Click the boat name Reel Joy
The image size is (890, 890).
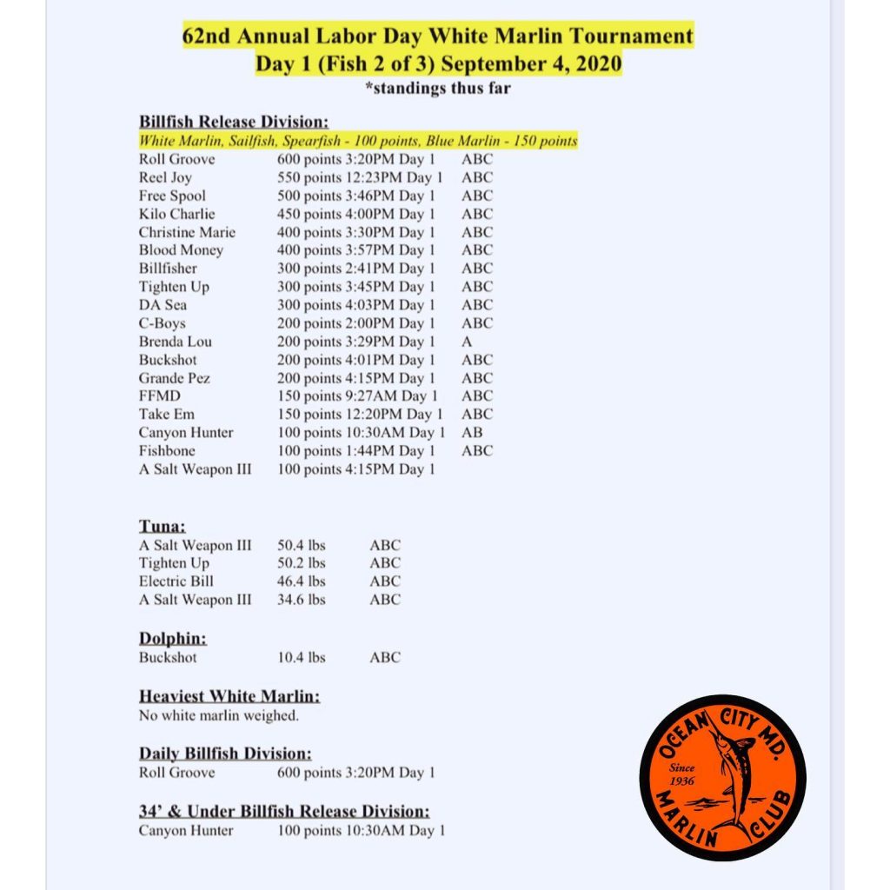tap(165, 177)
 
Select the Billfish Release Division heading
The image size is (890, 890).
tap(233, 123)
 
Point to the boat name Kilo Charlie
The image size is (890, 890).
tap(176, 214)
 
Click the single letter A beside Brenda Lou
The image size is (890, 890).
tap(467, 342)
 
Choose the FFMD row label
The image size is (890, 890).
tap(159, 396)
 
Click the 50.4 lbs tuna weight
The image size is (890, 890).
tap(302, 545)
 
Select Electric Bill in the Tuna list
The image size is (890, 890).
tap(176, 581)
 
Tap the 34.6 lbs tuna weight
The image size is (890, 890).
tap(302, 600)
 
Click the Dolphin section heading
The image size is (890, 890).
tap(172, 639)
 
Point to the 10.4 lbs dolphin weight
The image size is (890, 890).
tap(302, 658)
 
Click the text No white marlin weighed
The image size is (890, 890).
tap(218, 716)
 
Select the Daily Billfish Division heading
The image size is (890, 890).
tap(225, 754)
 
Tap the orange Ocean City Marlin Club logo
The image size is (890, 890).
tap(722, 777)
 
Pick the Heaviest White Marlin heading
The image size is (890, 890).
tap(229, 697)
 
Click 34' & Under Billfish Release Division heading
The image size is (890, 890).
tap(284, 812)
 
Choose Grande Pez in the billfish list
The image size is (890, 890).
tap(174, 378)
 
